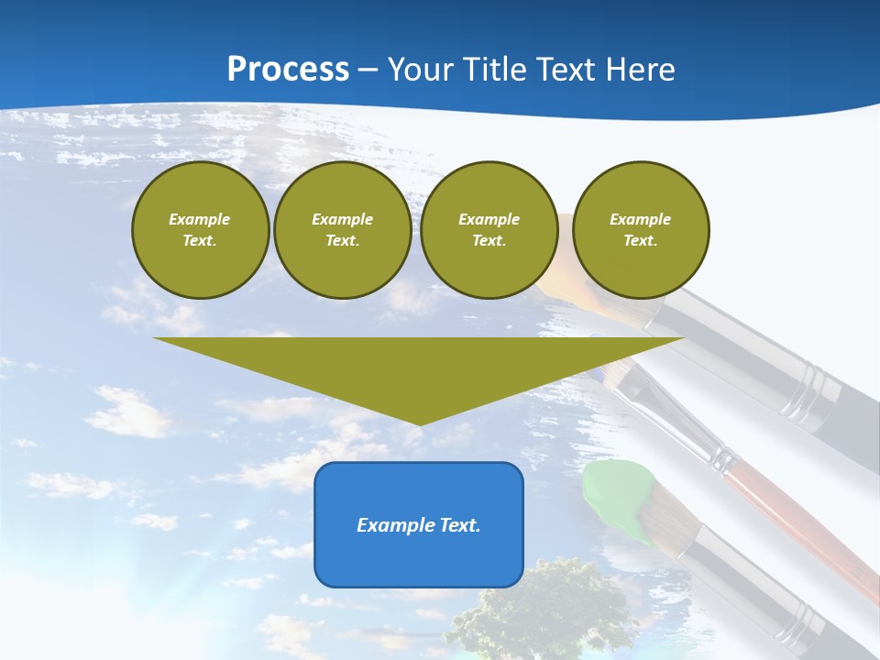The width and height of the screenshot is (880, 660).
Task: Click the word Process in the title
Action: coord(288,70)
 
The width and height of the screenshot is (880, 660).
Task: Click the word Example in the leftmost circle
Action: coord(200,219)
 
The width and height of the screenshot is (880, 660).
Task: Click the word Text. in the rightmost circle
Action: coord(641,240)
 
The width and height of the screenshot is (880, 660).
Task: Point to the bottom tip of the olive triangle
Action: coord(419,423)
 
